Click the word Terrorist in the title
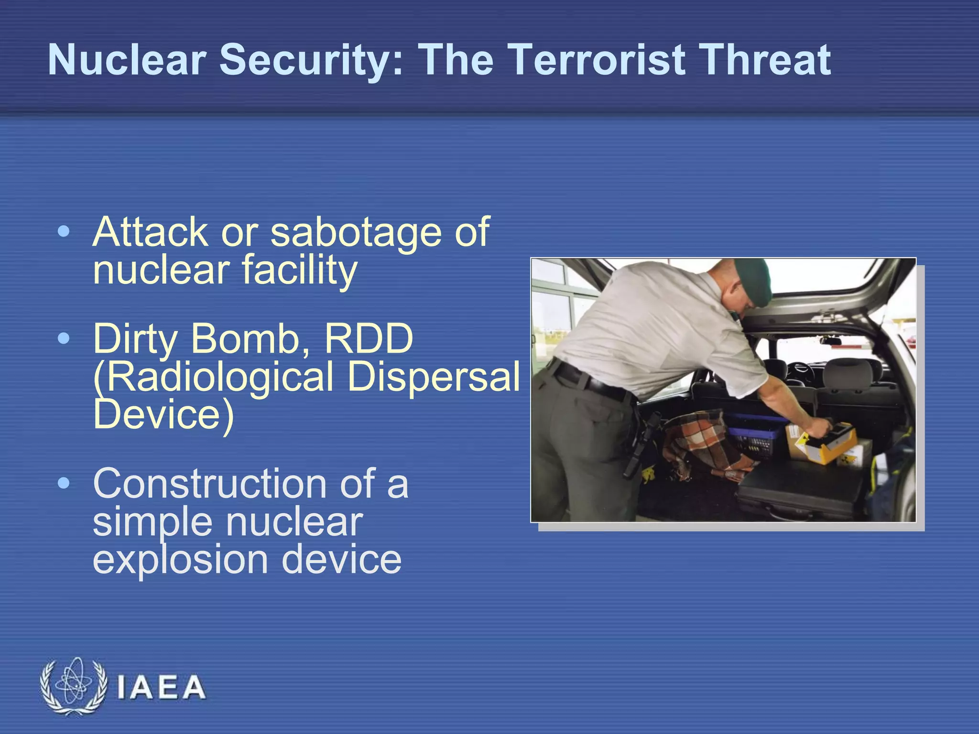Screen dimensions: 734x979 click(x=596, y=60)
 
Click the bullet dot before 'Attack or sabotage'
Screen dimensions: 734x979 click(x=63, y=232)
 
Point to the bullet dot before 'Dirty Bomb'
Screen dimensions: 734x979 click(x=63, y=339)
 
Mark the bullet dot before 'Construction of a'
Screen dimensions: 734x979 click(x=63, y=484)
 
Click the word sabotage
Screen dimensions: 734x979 click(x=356, y=233)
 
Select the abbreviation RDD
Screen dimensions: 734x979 click(x=368, y=339)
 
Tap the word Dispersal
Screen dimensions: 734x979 click(x=433, y=377)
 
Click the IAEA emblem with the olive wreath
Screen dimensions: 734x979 click(x=73, y=686)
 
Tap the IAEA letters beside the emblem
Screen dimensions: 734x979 click(x=161, y=688)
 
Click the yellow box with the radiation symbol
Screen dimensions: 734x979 click(x=829, y=444)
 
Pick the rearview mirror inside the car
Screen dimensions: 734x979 click(x=830, y=341)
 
